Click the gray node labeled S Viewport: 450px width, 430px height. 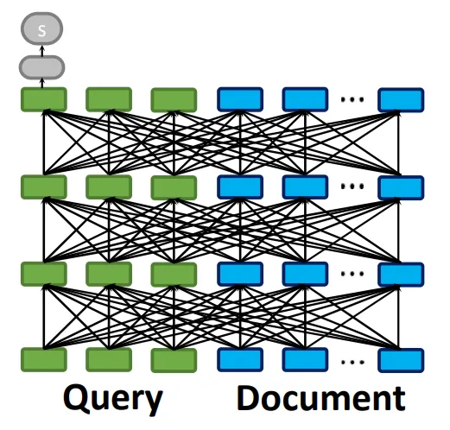point(41,28)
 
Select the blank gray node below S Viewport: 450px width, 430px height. point(41,67)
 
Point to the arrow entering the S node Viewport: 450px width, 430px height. point(42,50)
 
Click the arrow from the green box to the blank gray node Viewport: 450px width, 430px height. point(42,84)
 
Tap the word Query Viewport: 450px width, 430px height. point(113,400)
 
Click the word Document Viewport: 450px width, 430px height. point(321,398)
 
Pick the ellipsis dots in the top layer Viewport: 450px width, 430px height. point(352,99)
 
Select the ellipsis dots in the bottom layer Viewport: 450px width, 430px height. point(352,362)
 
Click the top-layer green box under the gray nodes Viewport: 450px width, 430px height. point(44,99)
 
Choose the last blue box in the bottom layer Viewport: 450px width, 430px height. point(401,360)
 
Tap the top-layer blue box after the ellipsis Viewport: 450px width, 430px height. point(401,99)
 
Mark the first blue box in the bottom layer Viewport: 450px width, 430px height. point(240,360)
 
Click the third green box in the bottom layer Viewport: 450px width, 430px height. point(174,360)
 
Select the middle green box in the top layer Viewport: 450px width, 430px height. point(109,99)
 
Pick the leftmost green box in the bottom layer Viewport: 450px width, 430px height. point(44,360)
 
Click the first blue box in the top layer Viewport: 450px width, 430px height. point(240,99)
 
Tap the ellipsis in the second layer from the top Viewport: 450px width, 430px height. point(352,187)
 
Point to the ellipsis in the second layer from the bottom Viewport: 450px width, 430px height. point(352,274)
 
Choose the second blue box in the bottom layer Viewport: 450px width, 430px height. point(305,360)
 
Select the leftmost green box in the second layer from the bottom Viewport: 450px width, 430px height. point(44,274)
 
